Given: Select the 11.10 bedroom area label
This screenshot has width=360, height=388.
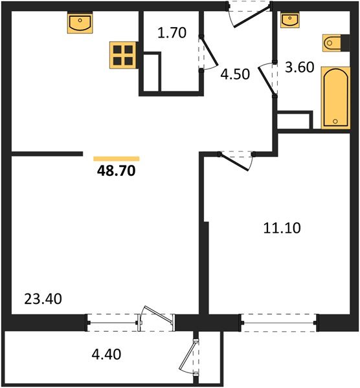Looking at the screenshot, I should pos(283,228).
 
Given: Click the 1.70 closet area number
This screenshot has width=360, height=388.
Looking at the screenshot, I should pos(172,33).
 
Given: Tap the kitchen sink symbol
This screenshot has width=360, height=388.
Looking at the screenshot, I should pos(80,24).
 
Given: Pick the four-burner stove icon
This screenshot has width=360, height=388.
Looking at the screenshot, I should pos(122,56).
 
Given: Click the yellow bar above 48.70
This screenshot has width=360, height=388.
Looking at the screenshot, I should pos(117,158).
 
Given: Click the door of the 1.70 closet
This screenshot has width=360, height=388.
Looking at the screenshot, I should pos(207,53).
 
